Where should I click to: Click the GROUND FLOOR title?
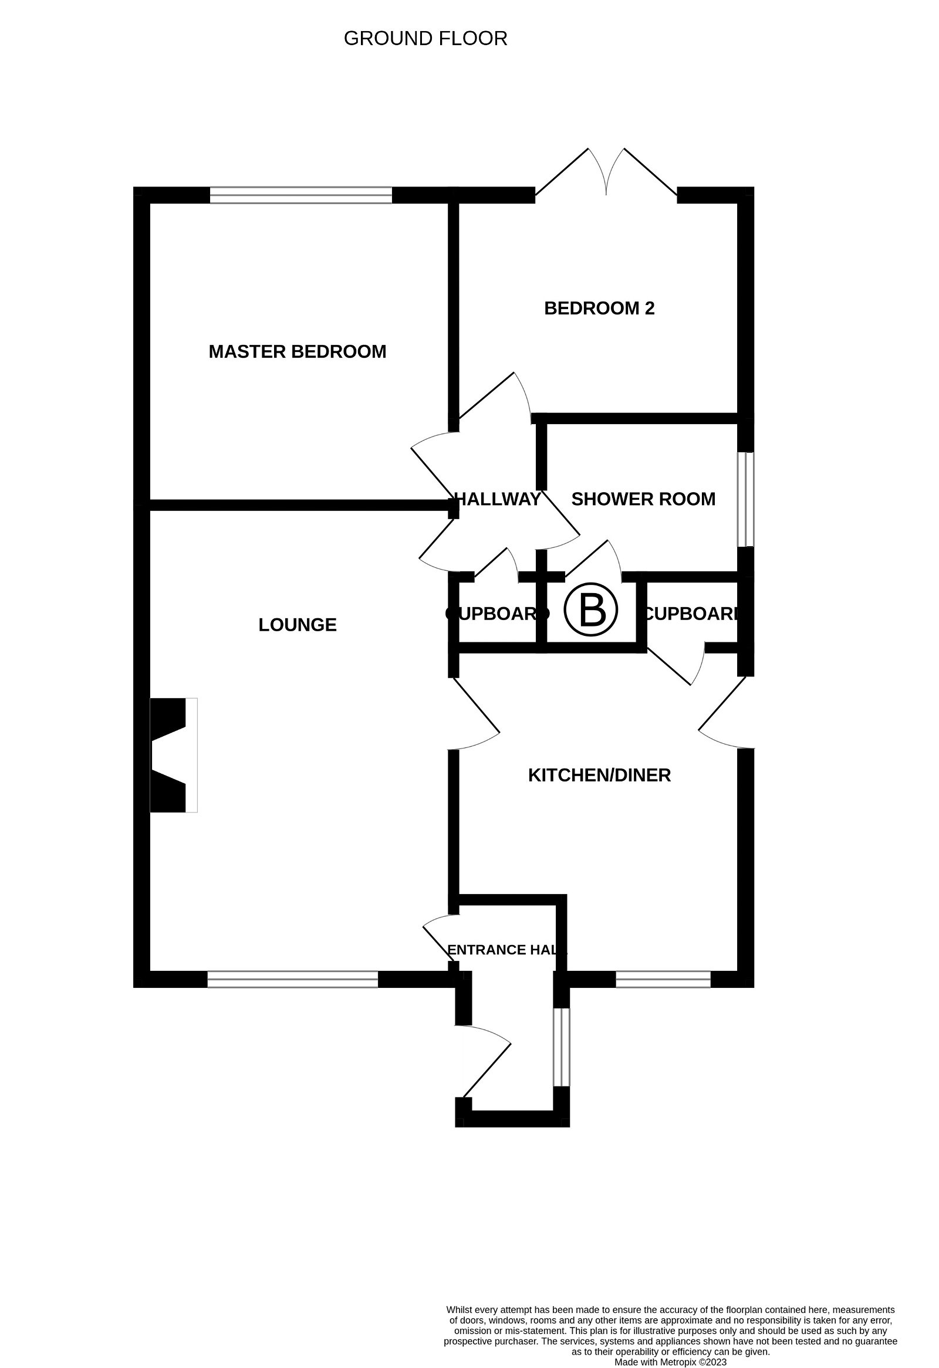(425, 39)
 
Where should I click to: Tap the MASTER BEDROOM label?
(298, 352)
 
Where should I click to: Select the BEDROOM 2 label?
(599, 309)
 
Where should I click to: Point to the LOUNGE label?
(298, 625)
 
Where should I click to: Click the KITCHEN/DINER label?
(599, 776)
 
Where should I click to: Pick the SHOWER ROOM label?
(643, 499)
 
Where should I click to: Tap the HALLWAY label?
(498, 499)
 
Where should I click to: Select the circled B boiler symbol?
(590, 610)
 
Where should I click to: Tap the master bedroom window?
(301, 195)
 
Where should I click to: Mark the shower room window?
(745, 499)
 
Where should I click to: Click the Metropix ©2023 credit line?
(671, 1362)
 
